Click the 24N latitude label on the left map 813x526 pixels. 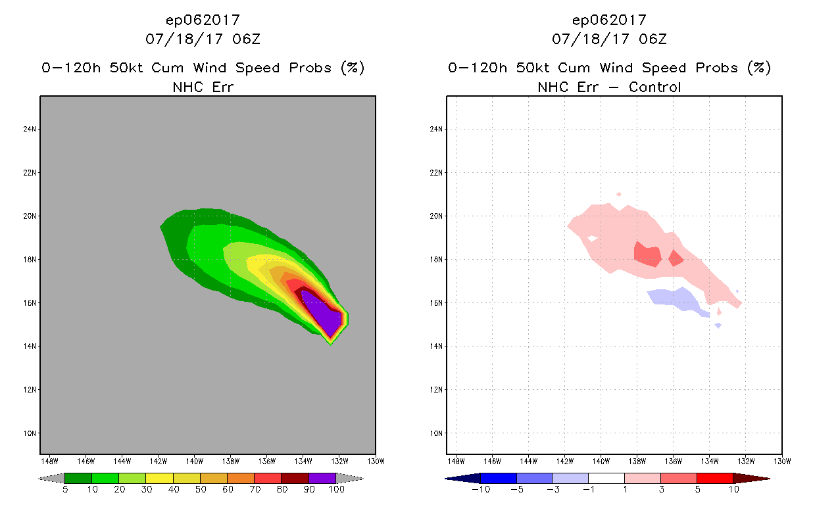tap(30, 129)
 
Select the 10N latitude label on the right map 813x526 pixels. tap(436, 433)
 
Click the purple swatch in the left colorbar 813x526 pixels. tap(322, 478)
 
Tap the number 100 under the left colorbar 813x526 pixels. tap(336, 490)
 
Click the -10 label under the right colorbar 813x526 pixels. tap(481, 490)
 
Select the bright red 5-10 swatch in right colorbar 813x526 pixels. tap(714, 478)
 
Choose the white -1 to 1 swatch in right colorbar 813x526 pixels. tap(606, 478)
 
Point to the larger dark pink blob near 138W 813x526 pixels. tap(647, 254)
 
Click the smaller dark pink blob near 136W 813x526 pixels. tap(676, 258)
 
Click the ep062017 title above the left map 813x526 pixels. tap(203, 20)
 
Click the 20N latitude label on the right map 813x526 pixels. tap(436, 216)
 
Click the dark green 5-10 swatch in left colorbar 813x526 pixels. tap(78, 478)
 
